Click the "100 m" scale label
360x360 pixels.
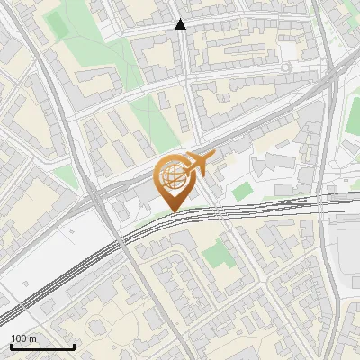(x=23, y=338)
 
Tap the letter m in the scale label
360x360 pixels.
(x=32, y=338)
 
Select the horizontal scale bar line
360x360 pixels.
(x=42, y=346)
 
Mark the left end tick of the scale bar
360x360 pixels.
(x=11, y=345)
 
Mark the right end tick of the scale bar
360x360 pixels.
(x=74, y=345)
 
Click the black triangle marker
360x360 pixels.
(x=181, y=24)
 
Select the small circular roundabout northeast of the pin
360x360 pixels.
(x=285, y=67)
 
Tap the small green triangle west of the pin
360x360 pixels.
(x=65, y=176)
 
